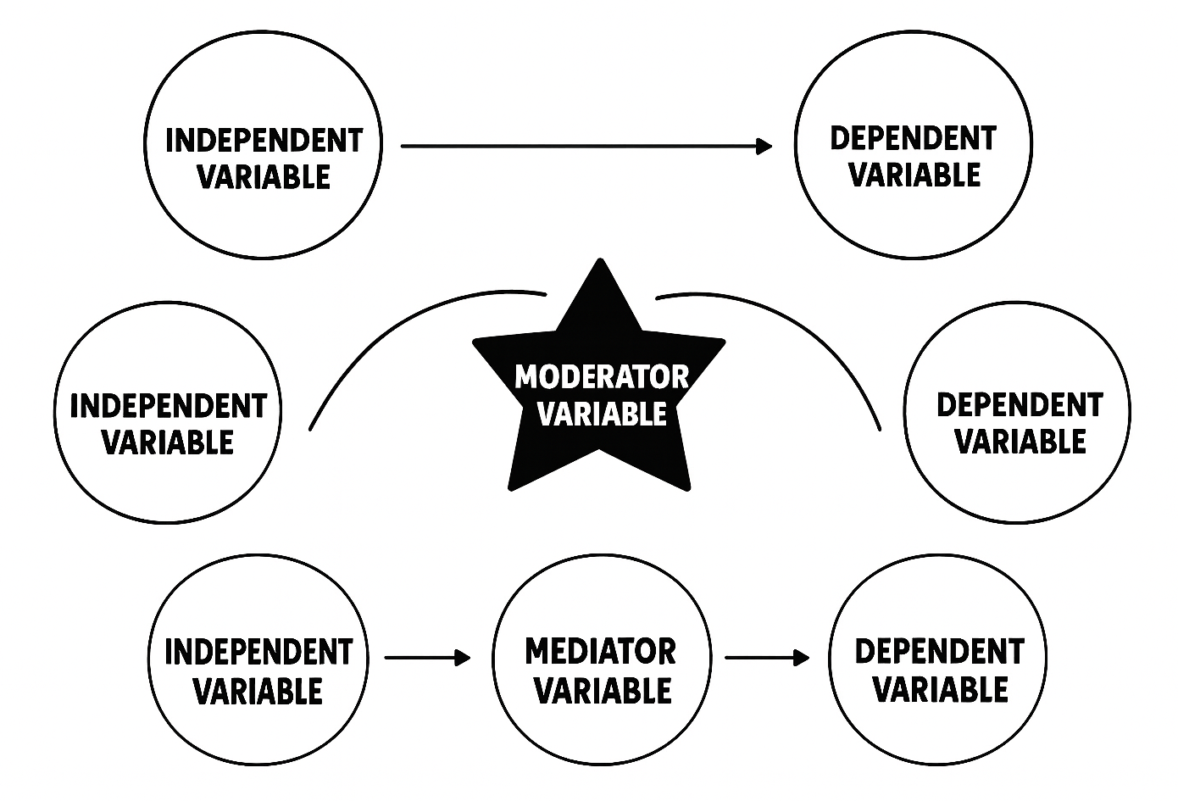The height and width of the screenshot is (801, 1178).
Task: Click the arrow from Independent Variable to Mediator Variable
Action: (x=426, y=657)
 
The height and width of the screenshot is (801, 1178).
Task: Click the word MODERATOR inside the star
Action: (x=601, y=376)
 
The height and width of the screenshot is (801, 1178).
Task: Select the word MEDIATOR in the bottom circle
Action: (x=600, y=652)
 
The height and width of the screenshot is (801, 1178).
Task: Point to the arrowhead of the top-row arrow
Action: (x=764, y=147)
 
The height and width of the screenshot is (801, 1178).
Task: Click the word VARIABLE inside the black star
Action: (x=602, y=414)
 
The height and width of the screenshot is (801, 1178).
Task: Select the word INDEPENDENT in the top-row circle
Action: (x=264, y=140)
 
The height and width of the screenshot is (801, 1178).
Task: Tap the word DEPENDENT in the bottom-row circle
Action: (x=939, y=652)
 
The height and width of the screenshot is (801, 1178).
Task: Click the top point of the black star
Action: (x=600, y=264)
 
